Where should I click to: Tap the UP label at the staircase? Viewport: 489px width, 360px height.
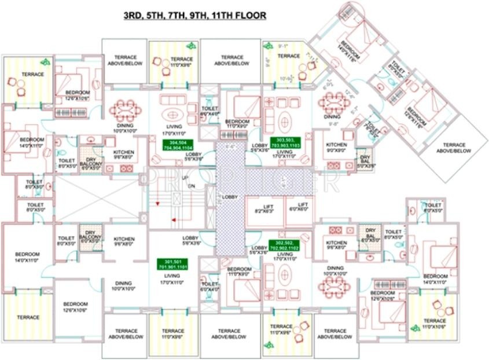pyautogui.click(x=185, y=177)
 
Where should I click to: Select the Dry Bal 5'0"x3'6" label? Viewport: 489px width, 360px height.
pyautogui.click(x=365, y=161)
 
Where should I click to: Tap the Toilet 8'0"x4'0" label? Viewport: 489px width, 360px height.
pyautogui.click(x=209, y=111)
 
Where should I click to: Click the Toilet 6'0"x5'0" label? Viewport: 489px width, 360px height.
pyautogui.click(x=433, y=208)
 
